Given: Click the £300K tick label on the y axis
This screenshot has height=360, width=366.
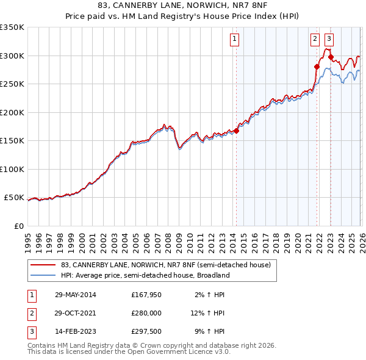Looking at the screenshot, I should click(12, 56).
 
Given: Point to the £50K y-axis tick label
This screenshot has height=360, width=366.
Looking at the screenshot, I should click(13, 198).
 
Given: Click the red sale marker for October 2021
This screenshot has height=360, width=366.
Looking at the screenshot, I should click(317, 67).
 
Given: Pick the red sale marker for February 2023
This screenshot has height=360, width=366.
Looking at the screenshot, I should click(331, 57).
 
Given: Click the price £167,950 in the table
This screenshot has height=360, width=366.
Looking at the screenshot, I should click(146, 295).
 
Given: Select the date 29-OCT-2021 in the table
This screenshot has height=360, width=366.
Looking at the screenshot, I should click(75, 314).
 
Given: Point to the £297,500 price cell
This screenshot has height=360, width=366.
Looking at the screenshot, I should click(146, 333).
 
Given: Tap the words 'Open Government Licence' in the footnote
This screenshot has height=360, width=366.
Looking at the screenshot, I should click(184, 351).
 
